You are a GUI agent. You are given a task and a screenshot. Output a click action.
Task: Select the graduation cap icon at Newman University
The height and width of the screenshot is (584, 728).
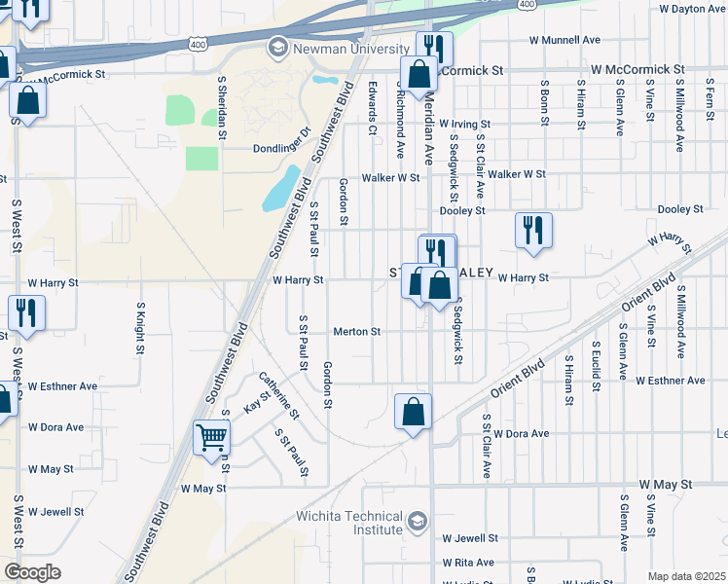click(277, 48)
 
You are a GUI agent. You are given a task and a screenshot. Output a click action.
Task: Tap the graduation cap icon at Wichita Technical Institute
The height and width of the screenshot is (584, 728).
click(419, 519)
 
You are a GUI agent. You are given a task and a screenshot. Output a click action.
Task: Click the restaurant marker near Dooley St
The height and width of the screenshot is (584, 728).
click(533, 231)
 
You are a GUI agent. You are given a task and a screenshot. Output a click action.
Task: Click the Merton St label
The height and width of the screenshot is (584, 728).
click(356, 332)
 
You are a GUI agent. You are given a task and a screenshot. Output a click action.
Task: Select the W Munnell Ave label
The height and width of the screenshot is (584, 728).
click(564, 40)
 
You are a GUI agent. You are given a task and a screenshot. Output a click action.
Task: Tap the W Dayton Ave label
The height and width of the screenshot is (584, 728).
click(692, 9)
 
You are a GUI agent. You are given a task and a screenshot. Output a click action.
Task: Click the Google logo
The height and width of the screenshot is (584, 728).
click(32, 572)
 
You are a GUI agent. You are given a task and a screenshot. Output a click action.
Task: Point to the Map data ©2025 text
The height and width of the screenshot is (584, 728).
click(685, 576)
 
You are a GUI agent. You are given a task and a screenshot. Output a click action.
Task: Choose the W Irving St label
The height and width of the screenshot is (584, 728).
click(464, 125)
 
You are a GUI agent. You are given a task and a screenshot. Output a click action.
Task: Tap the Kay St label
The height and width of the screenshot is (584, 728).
click(256, 402)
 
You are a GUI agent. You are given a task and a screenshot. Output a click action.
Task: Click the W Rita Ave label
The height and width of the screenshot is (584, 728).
click(468, 563)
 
